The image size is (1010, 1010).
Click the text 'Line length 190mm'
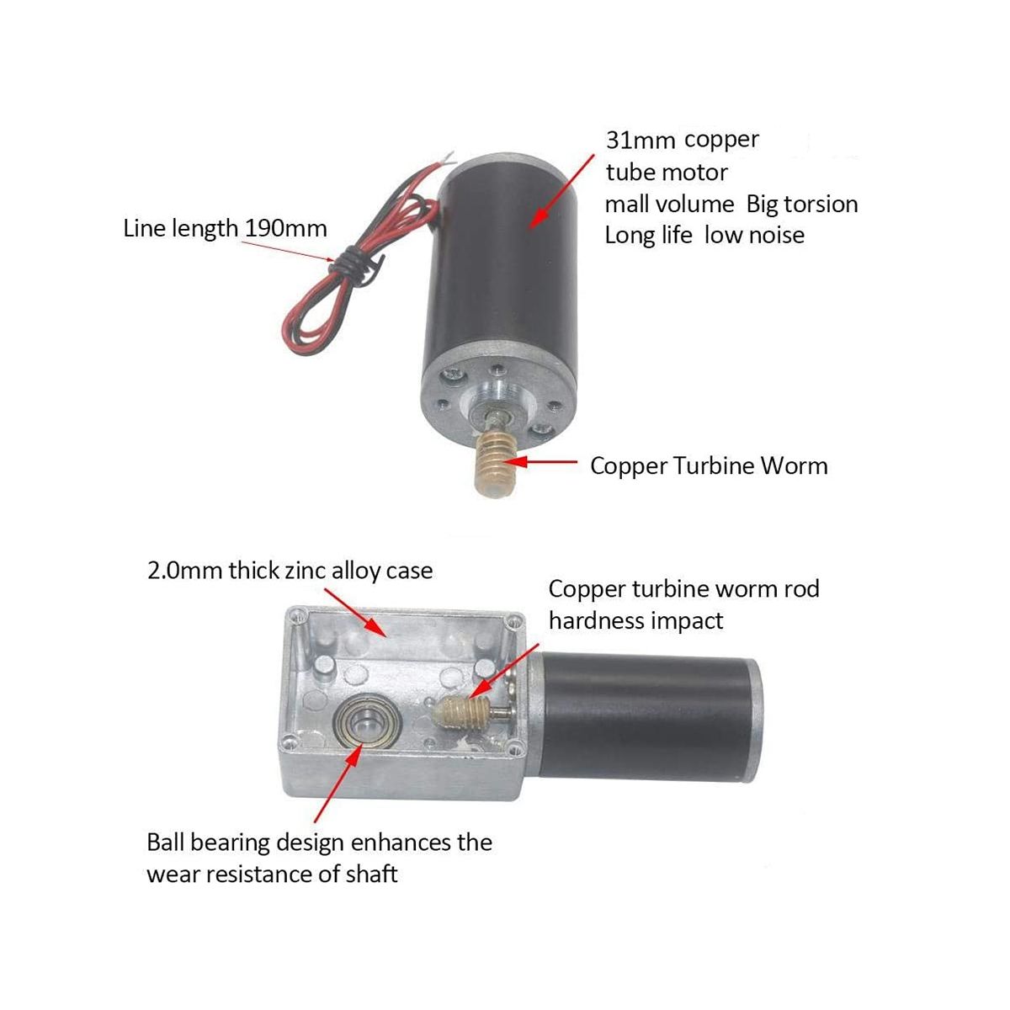tap(225, 229)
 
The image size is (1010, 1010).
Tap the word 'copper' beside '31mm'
tap(721, 140)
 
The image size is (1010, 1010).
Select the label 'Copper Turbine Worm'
tap(709, 466)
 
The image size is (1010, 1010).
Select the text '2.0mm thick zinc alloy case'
tap(290, 571)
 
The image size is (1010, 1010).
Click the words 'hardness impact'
tap(635, 622)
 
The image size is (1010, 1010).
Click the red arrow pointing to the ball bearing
tap(338, 784)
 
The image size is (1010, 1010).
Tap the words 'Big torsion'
tap(802, 205)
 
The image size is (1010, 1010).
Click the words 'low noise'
tap(754, 236)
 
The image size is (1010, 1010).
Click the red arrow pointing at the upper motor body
tap(561, 191)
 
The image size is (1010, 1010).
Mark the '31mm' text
tap(641, 141)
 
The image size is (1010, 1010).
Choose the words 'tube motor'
tap(667, 173)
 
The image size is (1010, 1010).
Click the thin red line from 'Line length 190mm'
tap(288, 251)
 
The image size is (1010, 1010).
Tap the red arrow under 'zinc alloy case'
tap(356, 613)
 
